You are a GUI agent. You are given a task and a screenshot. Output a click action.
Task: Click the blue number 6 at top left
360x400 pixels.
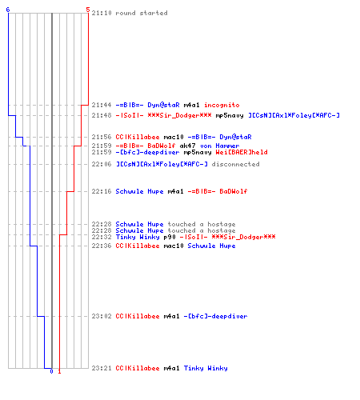(x=8, y=10)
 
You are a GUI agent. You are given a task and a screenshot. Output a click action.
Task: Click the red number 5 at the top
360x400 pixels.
(x=88, y=10)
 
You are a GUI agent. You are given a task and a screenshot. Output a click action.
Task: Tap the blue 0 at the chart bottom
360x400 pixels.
(x=51, y=371)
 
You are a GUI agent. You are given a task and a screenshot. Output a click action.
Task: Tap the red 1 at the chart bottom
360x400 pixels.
(x=59, y=371)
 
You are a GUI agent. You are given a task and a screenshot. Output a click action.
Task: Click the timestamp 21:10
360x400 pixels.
(x=102, y=13)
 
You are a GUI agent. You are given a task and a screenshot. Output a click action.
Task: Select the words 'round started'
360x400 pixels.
(x=142, y=13)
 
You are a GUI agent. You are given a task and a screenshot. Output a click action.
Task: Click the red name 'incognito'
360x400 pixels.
(x=222, y=105)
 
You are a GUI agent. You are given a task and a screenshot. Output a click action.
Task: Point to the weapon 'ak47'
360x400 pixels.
(x=187, y=146)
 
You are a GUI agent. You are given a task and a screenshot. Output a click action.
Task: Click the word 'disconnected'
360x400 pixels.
(x=235, y=164)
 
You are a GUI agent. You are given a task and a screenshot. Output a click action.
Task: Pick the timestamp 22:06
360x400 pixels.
(x=102, y=164)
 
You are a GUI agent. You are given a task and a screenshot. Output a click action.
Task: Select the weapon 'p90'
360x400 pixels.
(x=170, y=237)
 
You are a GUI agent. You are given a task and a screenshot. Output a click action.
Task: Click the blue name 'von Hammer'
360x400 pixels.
(x=220, y=146)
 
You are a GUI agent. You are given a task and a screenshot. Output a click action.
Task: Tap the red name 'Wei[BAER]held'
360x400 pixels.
(x=242, y=152)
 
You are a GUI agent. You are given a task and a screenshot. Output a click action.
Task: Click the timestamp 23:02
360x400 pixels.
(x=102, y=316)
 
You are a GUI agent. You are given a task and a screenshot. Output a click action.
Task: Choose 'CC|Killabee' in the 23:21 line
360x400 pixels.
(x=138, y=368)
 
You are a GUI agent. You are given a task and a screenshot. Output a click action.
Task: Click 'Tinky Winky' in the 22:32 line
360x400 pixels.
(x=138, y=237)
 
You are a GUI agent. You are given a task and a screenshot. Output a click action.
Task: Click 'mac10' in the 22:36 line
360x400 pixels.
(x=174, y=246)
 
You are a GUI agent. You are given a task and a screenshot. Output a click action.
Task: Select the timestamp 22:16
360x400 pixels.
(x=102, y=191)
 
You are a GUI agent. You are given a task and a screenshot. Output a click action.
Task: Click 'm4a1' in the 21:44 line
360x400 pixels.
(x=191, y=105)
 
